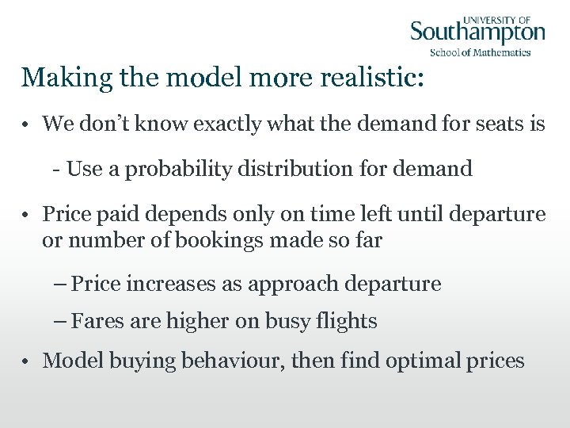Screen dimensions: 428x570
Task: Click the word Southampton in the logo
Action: [x=477, y=34]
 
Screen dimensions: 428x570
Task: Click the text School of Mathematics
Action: [x=480, y=53]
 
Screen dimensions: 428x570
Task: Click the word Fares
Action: [x=94, y=321]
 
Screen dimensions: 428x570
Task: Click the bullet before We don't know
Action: [x=26, y=125]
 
